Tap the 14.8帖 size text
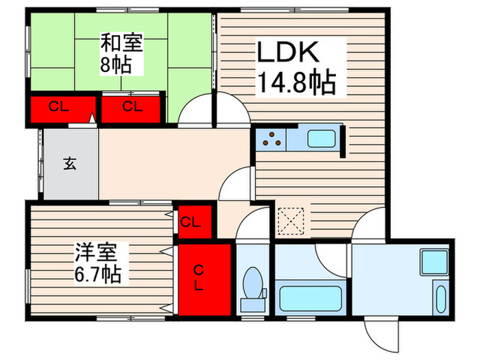pos(296,84)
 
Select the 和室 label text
pos(122,43)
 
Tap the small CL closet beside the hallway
pos(191,222)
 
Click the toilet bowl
pos(252,283)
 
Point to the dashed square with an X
pos(291,221)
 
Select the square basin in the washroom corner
pos(433,263)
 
